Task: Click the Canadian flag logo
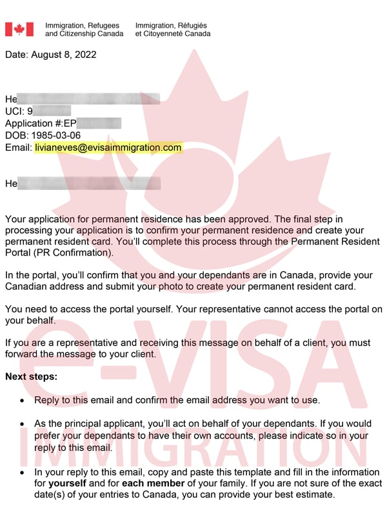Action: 19,30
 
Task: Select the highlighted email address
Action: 108,148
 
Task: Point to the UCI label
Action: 14,111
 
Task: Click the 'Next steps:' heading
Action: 31,376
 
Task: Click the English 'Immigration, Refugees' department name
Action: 82,25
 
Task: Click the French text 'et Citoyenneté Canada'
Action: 172,33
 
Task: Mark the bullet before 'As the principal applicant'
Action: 23,425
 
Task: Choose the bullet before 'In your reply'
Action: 23,473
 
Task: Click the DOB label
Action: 16,136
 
